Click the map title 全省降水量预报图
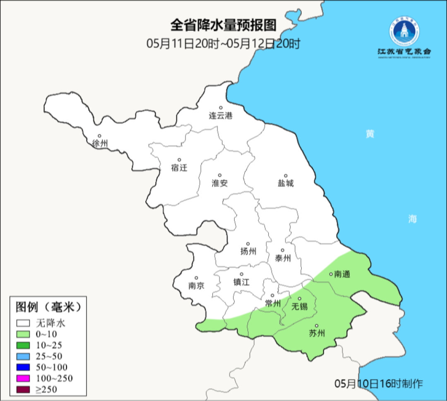click(x=223, y=26)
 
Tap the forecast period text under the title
click(x=223, y=43)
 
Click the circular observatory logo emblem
click(x=404, y=32)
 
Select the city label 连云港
click(x=221, y=116)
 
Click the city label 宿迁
click(x=179, y=168)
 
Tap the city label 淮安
click(x=220, y=183)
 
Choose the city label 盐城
click(x=286, y=183)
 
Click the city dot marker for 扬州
click(x=248, y=244)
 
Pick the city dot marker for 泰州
click(x=283, y=250)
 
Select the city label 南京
click(x=196, y=286)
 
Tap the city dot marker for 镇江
click(x=241, y=274)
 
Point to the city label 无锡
click(x=300, y=307)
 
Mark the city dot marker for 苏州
click(x=317, y=326)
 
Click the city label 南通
click(x=342, y=274)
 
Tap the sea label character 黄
click(x=370, y=134)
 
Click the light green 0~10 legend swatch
click(x=23, y=334)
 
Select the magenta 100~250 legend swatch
click(x=23, y=378)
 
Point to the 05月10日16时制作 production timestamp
click(x=379, y=384)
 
